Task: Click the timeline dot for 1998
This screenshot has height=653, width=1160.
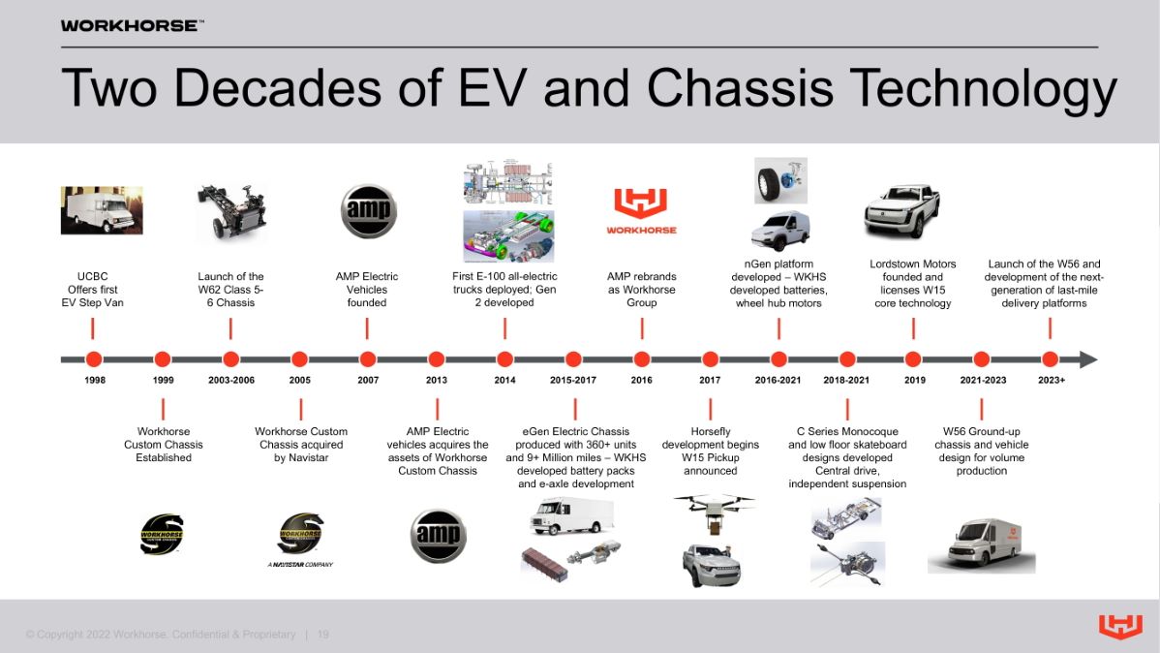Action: pyautogui.click(x=94, y=359)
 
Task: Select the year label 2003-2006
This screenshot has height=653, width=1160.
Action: pyautogui.click(x=230, y=380)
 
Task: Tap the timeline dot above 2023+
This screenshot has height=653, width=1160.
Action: pyautogui.click(x=1051, y=359)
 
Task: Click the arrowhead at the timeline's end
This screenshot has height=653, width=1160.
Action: pyautogui.click(x=1088, y=359)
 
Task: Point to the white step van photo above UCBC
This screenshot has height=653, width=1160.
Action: pyautogui.click(x=101, y=210)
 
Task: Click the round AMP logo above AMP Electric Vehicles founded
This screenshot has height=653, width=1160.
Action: pyautogui.click(x=368, y=210)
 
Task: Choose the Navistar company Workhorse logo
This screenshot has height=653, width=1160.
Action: pyautogui.click(x=300, y=539)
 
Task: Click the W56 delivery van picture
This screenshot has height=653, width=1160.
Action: pyautogui.click(x=980, y=544)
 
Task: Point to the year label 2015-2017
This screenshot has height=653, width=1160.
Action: pyautogui.click(x=573, y=380)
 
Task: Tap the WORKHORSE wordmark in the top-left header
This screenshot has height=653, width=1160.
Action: pyautogui.click(x=132, y=25)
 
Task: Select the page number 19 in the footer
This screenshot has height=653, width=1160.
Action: pyautogui.click(x=323, y=635)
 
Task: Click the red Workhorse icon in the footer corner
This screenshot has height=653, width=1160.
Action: pyautogui.click(x=1120, y=627)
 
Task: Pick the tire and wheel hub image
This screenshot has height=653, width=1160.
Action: pyautogui.click(x=780, y=180)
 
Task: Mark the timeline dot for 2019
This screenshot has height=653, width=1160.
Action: pyautogui.click(x=913, y=359)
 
